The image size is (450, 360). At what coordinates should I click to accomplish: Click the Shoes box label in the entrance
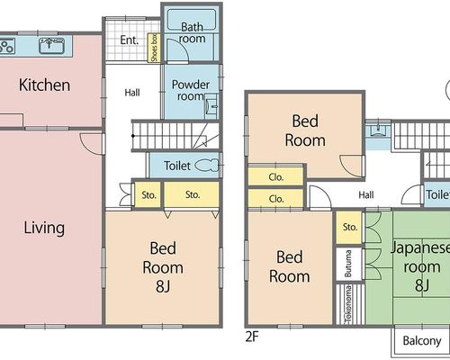click(155, 48)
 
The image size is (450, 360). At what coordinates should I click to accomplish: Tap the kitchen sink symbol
click(51, 45)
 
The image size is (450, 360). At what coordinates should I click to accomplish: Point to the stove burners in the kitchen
click(6, 46)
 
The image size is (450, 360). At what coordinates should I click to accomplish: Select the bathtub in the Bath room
click(192, 20)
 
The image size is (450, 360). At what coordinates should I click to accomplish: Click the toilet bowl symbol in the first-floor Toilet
click(207, 166)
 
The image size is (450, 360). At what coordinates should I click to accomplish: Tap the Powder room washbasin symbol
click(211, 106)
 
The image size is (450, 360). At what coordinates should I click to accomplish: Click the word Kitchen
click(45, 85)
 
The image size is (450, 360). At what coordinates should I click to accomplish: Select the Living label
click(44, 228)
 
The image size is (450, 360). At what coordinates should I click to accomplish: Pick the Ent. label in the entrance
click(130, 40)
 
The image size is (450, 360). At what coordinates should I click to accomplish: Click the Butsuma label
click(348, 264)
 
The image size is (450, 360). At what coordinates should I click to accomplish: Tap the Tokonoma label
click(349, 304)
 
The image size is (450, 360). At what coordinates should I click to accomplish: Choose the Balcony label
click(422, 341)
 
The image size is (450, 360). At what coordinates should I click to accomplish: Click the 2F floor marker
click(252, 337)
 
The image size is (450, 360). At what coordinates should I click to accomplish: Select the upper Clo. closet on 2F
click(275, 177)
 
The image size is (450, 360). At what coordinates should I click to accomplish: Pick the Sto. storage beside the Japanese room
click(349, 227)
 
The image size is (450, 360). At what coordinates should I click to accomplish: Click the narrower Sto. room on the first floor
click(148, 195)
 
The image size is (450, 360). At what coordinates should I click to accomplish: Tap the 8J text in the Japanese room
click(422, 285)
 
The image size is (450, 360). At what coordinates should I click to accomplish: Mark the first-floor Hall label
click(132, 93)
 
